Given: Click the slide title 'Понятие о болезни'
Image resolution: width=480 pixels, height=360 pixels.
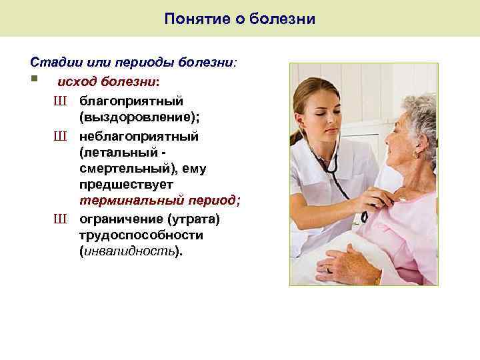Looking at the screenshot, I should (x=240, y=19).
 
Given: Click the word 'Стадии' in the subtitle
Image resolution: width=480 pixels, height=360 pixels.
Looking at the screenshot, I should (x=52, y=62).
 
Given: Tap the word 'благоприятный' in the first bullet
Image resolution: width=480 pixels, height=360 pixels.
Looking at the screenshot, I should (x=131, y=101).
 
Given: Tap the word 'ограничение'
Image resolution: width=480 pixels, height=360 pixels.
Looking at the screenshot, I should (x=121, y=219).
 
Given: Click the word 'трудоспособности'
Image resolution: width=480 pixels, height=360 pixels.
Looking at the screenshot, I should (x=141, y=235).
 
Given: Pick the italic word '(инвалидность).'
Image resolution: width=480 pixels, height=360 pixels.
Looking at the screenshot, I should (x=130, y=253).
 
